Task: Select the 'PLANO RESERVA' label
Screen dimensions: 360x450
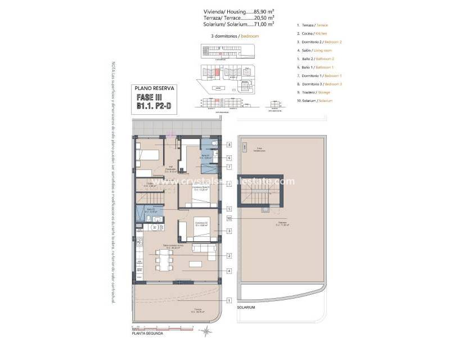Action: pyautogui.click(x=155, y=88)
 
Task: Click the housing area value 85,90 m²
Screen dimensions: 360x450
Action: pyautogui.click(x=261, y=11)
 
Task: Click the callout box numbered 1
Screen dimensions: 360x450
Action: pyautogui.click(x=229, y=300)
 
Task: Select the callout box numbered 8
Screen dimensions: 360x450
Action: pyautogui.click(x=229, y=145)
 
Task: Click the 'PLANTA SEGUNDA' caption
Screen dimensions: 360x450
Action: pyautogui.click(x=147, y=334)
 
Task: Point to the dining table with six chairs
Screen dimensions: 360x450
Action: pyautogui.click(x=164, y=260)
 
